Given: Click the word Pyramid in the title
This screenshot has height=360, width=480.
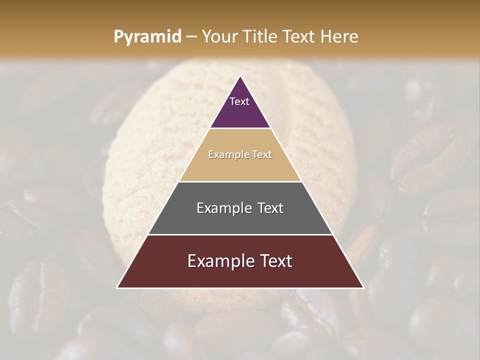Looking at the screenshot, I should tap(147, 36).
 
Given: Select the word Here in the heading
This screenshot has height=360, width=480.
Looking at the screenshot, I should tap(339, 36).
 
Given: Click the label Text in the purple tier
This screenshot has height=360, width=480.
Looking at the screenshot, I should tap(239, 101).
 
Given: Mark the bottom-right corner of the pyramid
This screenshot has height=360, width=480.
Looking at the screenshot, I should tap(363, 287).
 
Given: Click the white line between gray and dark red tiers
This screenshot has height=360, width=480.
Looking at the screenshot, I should tap(240, 234).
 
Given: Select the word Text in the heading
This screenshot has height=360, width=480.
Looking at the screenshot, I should tap(300, 36).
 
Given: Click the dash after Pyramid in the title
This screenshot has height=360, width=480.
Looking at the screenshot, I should tap(191, 37).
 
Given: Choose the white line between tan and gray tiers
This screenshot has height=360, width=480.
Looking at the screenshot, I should tap(240, 181).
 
